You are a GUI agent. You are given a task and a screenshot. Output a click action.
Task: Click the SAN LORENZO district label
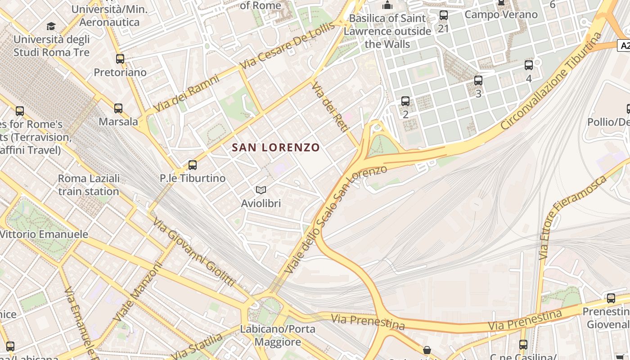tap(276, 147)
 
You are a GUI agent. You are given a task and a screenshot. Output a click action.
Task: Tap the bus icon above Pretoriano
tap(120, 59)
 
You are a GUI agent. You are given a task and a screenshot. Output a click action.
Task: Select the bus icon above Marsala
tap(118, 108)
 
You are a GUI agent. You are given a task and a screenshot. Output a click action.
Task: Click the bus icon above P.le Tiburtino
tap(193, 165)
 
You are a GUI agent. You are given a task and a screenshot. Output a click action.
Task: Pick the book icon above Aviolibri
tap(261, 190)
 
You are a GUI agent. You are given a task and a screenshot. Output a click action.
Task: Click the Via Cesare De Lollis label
tap(288, 45)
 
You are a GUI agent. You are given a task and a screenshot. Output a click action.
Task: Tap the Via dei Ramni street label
tap(186, 94)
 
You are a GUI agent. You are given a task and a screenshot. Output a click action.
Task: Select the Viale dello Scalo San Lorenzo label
tap(336, 219)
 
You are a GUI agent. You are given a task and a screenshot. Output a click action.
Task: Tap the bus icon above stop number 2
tap(405, 101)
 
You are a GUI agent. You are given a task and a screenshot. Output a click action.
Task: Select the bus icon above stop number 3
tap(478, 81)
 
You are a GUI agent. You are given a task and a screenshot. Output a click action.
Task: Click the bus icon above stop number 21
tap(444, 16)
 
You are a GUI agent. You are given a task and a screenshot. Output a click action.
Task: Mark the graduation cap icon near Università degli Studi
tap(51, 26)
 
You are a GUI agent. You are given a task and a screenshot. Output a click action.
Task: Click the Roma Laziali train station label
tap(89, 185)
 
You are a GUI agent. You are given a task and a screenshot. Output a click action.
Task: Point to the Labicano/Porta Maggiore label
tap(278, 335)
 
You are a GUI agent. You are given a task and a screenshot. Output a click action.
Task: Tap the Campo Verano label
tap(501, 14)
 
